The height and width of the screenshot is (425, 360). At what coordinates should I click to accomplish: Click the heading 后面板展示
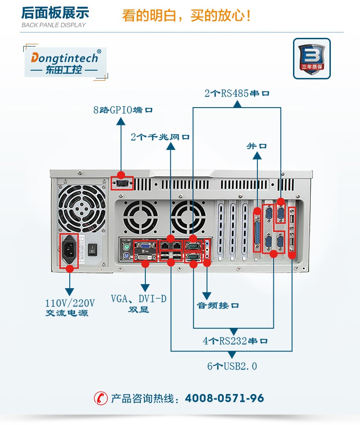coord(55,13)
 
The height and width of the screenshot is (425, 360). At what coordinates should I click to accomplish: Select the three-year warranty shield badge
coord(311,58)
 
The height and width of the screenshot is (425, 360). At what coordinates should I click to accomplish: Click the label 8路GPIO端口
coord(123,110)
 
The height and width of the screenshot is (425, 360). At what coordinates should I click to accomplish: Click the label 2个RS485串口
coord(237,93)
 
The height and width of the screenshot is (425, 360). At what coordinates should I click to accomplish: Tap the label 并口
coord(257,146)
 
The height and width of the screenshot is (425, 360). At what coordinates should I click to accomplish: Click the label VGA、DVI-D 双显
coord(139,304)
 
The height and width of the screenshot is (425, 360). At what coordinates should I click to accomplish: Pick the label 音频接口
coord(217,305)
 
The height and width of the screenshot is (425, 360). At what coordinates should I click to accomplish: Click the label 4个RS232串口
coord(235,341)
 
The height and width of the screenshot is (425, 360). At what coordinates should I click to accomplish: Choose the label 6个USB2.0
coord(232,366)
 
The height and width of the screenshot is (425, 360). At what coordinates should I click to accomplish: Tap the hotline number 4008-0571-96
coord(224,398)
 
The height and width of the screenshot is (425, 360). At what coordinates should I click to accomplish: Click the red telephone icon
coord(100,398)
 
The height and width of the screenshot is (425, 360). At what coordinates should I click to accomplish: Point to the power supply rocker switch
coord(93,249)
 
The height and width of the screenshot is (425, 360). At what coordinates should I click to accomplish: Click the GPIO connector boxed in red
coord(122,183)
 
